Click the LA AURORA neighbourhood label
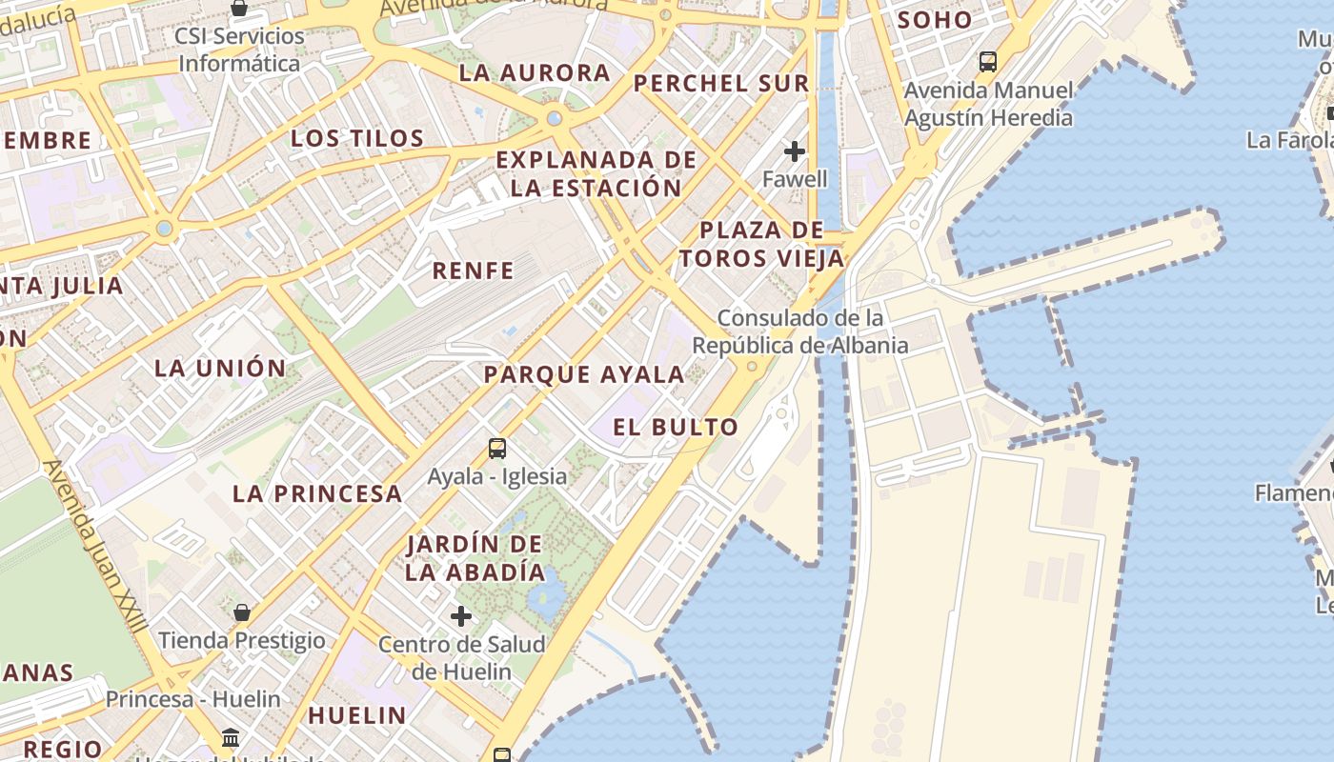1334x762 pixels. click(535, 72)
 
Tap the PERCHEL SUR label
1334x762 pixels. click(721, 83)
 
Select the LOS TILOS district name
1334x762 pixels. click(357, 138)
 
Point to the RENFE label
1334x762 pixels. click(474, 271)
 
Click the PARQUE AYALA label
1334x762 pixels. click(584, 374)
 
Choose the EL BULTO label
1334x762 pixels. click(676, 427)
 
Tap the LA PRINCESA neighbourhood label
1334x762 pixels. click(317, 493)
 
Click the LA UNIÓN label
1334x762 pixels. click(220, 368)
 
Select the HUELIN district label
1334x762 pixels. click(357, 714)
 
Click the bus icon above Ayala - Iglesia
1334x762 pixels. click(496, 449)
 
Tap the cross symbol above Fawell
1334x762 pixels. click(795, 151)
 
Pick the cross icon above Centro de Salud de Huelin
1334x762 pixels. click(461, 616)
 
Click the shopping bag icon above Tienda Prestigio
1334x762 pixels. click(242, 612)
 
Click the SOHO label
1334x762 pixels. click(935, 19)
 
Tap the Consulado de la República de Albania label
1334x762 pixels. click(800, 331)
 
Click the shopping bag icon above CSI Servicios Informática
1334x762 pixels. click(239, 9)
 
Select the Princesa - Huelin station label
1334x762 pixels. click(193, 699)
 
